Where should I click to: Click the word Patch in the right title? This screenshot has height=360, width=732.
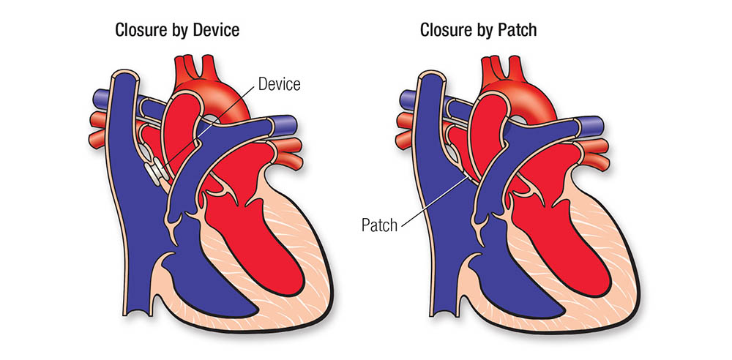(x=515, y=31)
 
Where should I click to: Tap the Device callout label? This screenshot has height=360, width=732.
(x=279, y=84)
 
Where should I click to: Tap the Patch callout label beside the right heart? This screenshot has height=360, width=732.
(x=379, y=225)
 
